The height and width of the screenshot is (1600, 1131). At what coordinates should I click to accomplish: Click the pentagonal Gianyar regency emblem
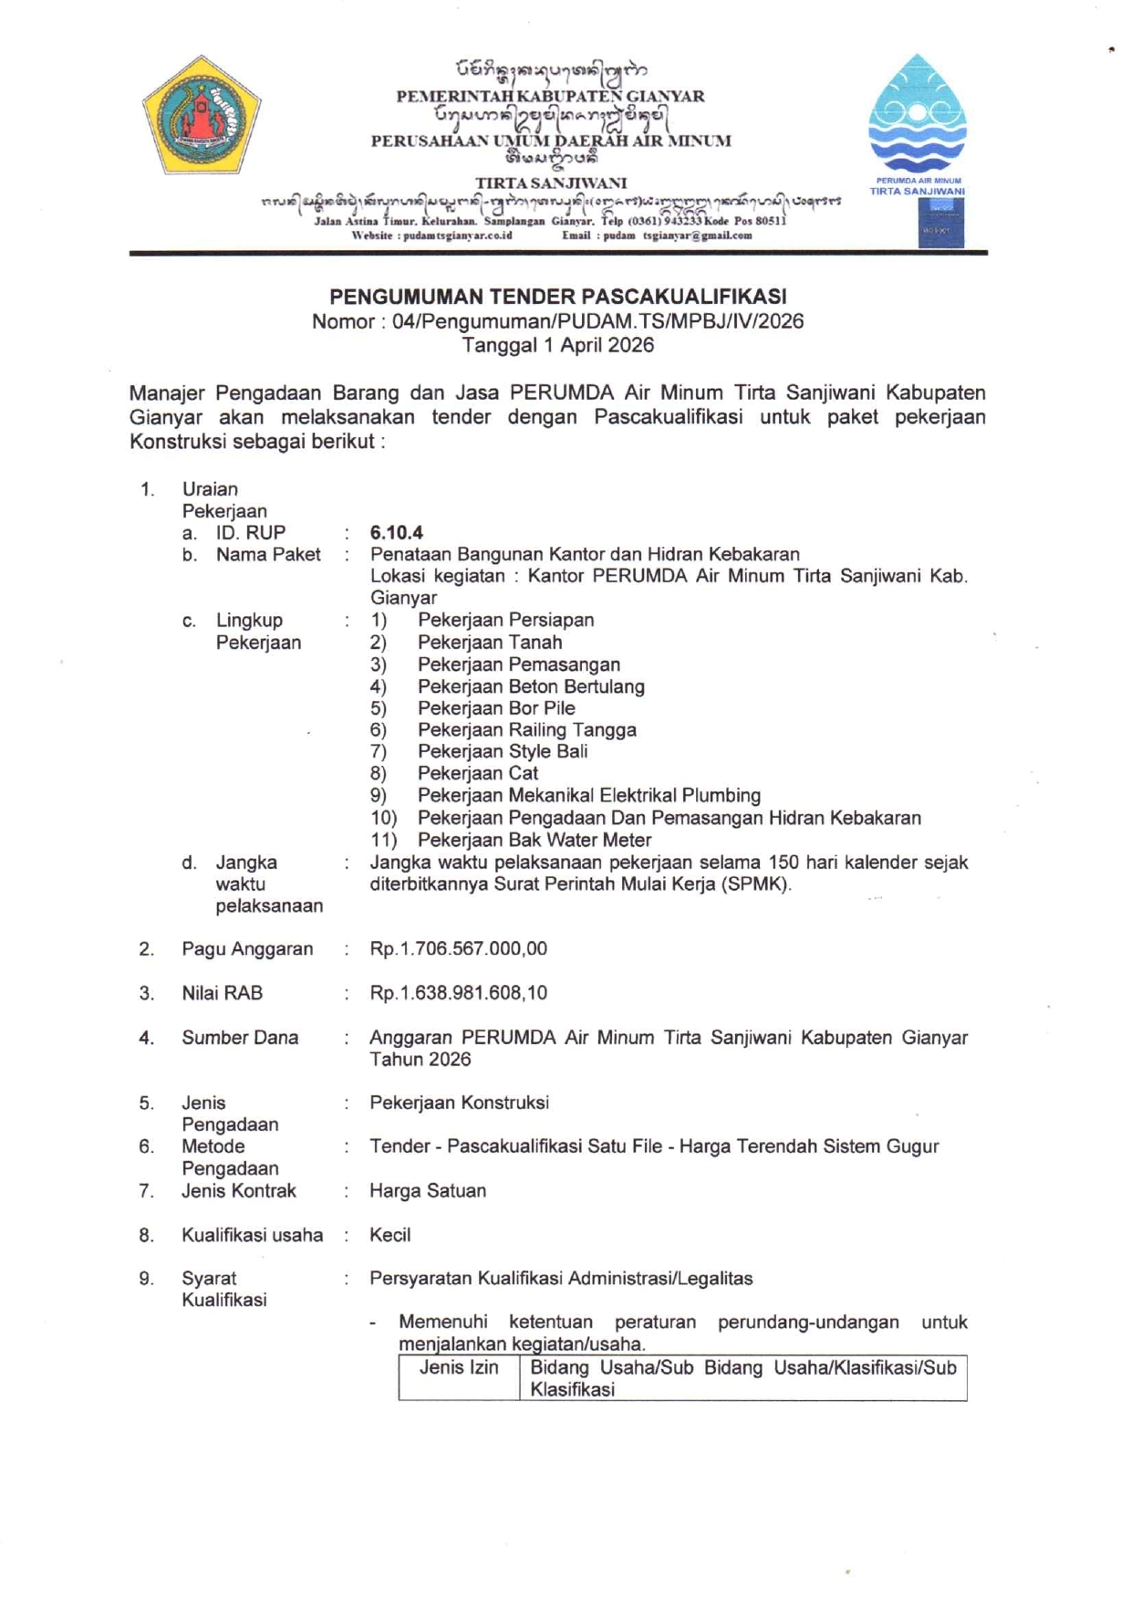coord(202,115)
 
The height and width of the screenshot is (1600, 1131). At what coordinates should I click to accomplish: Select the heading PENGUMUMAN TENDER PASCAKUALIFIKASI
coord(557,297)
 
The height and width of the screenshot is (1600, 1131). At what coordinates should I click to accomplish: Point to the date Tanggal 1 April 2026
coord(557,345)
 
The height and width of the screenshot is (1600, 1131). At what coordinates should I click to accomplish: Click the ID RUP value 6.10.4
coord(396,533)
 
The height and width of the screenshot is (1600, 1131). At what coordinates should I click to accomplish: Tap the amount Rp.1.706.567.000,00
coord(458,949)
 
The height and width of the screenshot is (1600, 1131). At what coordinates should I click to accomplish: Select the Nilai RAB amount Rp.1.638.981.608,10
coord(458,993)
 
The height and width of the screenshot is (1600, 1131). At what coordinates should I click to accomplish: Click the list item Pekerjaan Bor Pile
coord(496,708)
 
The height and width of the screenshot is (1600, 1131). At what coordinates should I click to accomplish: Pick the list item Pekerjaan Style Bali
coord(503,752)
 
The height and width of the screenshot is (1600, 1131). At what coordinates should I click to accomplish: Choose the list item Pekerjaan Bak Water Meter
coord(534,840)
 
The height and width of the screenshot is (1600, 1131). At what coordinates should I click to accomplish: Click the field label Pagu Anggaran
coord(247,949)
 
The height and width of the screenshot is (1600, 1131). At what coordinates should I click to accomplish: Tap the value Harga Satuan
coord(427,1191)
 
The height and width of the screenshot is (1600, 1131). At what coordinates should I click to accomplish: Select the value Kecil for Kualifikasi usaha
coord(389,1235)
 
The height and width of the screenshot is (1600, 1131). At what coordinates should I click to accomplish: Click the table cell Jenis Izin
coord(459,1368)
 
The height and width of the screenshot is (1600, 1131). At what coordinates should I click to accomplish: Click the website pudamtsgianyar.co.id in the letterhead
coord(457,235)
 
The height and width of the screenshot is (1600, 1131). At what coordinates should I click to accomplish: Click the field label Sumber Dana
coord(240,1038)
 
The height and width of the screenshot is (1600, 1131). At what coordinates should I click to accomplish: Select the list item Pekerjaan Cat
coord(478,774)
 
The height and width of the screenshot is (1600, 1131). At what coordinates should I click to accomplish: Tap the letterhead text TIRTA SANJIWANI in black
coord(550,183)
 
